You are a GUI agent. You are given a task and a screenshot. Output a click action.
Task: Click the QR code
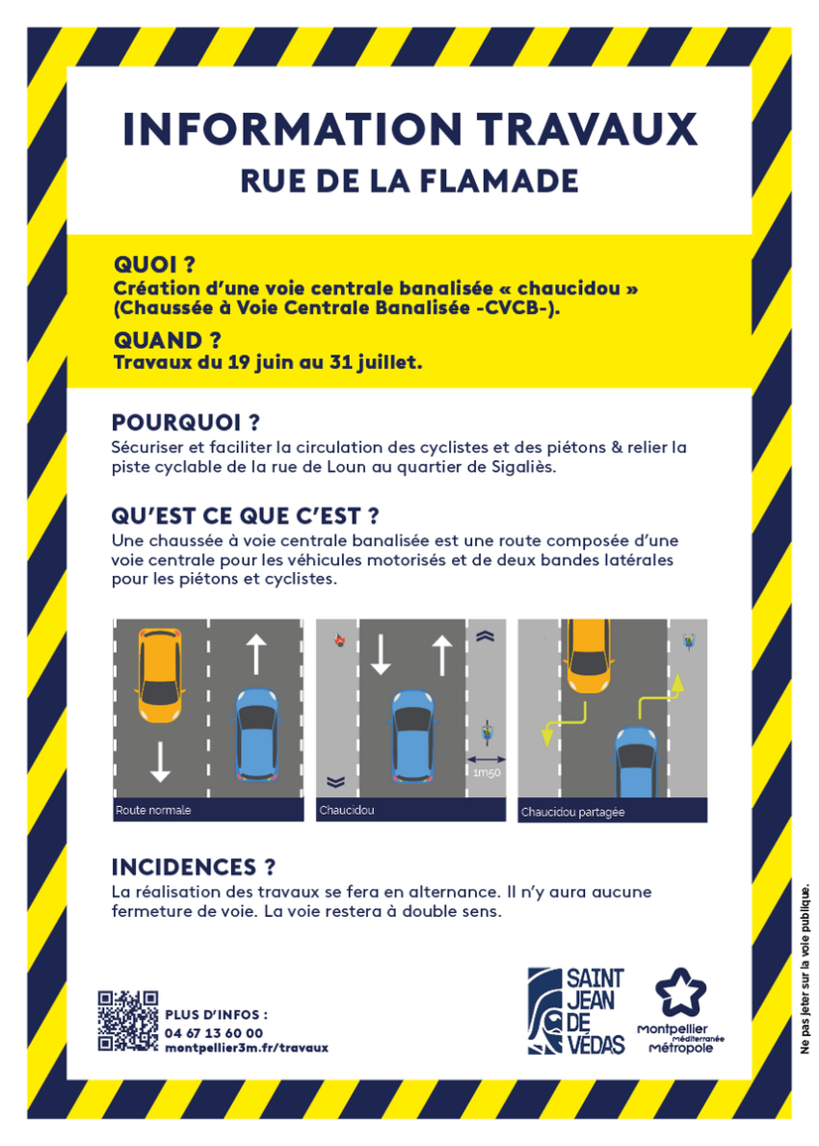click(x=128, y=1021)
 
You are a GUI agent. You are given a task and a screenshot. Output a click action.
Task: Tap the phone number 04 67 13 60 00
click(x=214, y=1032)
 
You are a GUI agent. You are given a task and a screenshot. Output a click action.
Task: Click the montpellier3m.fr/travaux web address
click(x=247, y=1048)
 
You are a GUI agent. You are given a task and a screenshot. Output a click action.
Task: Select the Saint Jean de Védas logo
click(x=576, y=1011)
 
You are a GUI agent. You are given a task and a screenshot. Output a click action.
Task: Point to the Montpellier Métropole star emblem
click(x=681, y=993)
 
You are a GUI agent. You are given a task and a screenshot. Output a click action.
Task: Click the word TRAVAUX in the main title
click(x=587, y=129)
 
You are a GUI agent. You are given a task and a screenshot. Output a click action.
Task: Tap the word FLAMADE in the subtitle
click(x=499, y=181)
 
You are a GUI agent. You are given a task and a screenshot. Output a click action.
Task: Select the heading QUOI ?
click(x=154, y=265)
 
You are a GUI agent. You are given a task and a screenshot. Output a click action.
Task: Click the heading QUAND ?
click(x=168, y=341)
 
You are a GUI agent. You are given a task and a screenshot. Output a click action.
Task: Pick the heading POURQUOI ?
click(x=186, y=423)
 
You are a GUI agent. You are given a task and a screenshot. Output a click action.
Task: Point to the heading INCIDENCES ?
click(x=194, y=868)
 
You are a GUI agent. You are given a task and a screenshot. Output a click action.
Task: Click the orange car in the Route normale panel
click(x=159, y=674)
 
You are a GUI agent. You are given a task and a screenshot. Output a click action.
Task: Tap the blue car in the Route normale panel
click(x=257, y=735)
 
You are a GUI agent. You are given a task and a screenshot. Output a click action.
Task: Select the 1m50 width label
click(x=487, y=772)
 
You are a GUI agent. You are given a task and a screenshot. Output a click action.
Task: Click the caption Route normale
click(x=153, y=811)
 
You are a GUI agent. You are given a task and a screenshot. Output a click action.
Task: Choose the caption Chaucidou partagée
click(x=572, y=812)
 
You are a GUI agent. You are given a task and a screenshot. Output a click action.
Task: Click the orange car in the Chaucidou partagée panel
click(x=587, y=656)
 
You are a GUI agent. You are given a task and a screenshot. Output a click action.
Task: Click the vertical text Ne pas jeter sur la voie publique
click(x=806, y=969)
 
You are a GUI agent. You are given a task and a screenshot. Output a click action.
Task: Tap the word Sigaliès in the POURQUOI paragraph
click(x=520, y=467)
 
